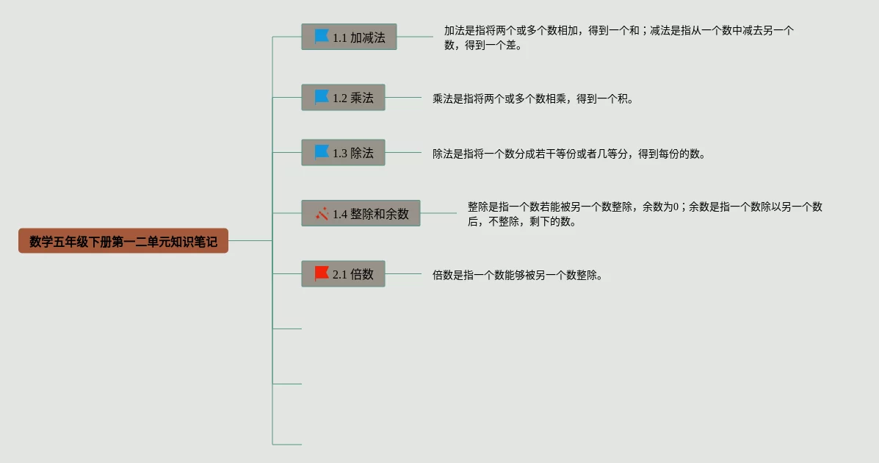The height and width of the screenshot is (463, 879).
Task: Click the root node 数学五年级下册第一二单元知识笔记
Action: click(x=123, y=241)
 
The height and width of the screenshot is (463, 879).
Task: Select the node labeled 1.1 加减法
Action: click(x=349, y=37)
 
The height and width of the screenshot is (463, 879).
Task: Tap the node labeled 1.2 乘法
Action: click(x=343, y=98)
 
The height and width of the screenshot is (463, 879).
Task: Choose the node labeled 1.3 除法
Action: click(x=343, y=153)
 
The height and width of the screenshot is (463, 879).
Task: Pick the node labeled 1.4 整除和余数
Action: click(x=361, y=214)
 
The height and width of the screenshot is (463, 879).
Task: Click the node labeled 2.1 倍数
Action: click(x=343, y=274)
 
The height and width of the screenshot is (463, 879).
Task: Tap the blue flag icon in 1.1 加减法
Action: click(x=322, y=36)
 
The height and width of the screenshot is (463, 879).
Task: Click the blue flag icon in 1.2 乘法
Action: click(x=322, y=97)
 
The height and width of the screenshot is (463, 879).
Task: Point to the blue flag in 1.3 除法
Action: click(x=322, y=152)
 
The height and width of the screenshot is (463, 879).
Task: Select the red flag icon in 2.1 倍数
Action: click(x=322, y=273)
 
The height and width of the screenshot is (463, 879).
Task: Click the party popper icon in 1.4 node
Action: click(x=322, y=214)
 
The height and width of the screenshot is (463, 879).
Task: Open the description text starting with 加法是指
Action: click(x=618, y=37)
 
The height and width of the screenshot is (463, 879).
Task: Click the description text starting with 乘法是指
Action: click(x=532, y=98)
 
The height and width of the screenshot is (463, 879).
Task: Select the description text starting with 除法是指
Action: click(x=568, y=154)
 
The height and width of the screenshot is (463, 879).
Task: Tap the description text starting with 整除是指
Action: click(x=644, y=214)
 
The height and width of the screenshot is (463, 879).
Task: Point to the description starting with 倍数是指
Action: click(x=518, y=276)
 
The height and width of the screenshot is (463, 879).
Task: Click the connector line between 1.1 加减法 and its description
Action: click(x=415, y=37)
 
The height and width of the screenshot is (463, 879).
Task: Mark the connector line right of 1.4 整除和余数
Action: click(x=438, y=213)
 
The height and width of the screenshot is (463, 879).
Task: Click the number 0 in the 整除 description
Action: click(x=678, y=207)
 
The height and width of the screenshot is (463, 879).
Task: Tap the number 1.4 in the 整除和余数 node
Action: click(x=340, y=215)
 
